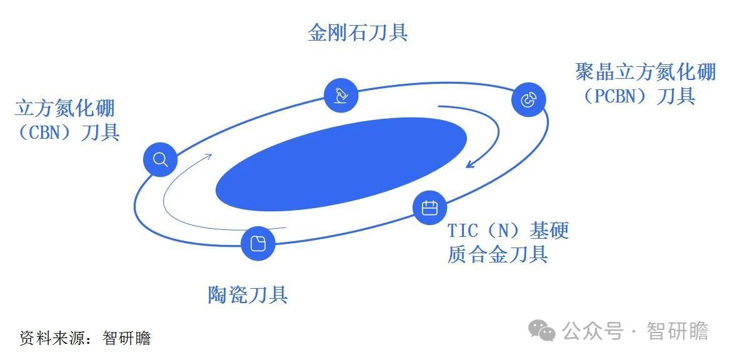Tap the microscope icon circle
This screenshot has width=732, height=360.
point(341,95)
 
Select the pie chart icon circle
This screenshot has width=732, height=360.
point(528,99)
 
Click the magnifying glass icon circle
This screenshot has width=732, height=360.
point(160,159)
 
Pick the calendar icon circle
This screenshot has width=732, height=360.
point(429,207)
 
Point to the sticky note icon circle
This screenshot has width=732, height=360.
point(258,243)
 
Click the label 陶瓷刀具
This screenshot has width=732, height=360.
point(248,294)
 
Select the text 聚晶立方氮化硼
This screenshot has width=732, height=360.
point(645,73)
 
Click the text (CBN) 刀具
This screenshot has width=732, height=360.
point(68,132)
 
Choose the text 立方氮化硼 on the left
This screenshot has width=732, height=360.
point(65,109)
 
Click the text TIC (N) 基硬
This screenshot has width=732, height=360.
point(508,231)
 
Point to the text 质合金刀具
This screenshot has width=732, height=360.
point(498,254)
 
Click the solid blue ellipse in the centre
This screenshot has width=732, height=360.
point(341,164)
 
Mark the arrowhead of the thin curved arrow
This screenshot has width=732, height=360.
point(208,156)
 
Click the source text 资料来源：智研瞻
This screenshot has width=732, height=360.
point(86,337)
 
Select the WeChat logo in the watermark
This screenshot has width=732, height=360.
point(541,331)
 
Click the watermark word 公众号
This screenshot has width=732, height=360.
point(593,331)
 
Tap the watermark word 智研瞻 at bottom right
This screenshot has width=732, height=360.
point(678,331)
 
